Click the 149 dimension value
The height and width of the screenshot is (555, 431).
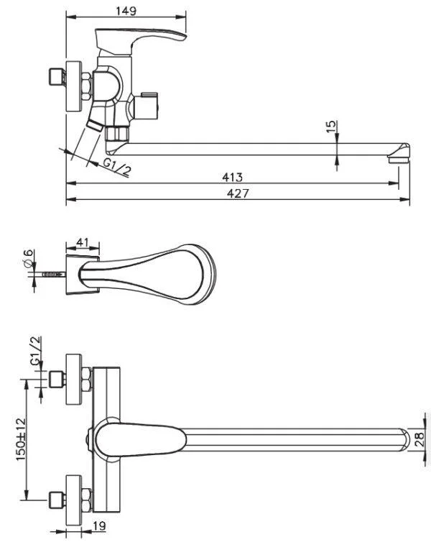[x=126, y=11]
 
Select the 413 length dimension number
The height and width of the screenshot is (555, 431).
[x=232, y=177]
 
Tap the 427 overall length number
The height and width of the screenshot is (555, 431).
[x=238, y=193]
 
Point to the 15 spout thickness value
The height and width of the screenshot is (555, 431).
[x=331, y=127]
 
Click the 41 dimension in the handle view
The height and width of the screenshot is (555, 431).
[x=82, y=242]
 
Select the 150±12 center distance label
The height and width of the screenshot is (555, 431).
[x=21, y=439]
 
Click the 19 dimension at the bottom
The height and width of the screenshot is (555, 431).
[x=99, y=526]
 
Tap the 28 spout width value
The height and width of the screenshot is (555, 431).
[x=420, y=439]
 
